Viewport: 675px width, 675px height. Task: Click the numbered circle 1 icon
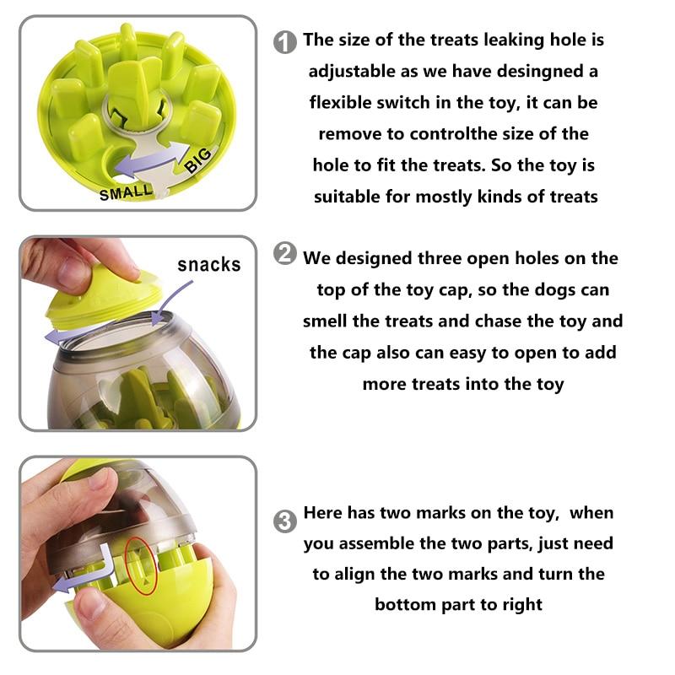[285, 42]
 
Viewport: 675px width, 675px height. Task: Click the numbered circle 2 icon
[285, 254]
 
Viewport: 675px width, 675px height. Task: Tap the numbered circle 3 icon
[285, 521]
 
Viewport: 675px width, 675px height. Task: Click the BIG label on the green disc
[198, 159]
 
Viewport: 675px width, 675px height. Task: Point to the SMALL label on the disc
[126, 192]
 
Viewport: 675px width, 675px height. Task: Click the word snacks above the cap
[209, 264]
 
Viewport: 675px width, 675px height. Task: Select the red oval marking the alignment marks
[140, 566]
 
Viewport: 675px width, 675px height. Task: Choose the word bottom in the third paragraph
[405, 605]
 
